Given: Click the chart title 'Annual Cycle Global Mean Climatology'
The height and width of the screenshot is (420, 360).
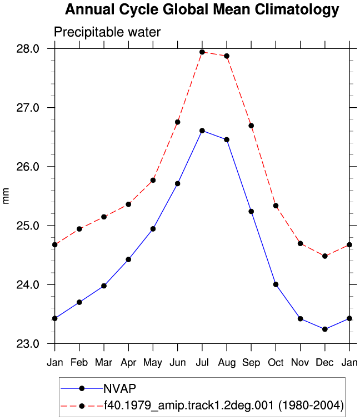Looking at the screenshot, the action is [202, 10].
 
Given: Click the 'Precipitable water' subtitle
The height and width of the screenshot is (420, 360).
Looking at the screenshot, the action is [107, 32].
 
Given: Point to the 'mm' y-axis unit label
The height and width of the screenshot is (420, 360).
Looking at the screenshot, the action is [6, 196].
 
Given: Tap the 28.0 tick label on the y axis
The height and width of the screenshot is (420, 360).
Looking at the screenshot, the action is [28, 49].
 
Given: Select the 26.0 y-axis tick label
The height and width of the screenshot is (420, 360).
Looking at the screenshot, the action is [28, 167].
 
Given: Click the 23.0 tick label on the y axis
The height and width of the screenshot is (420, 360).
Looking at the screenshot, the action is [28, 344].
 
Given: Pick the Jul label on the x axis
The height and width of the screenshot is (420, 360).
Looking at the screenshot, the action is [202, 362].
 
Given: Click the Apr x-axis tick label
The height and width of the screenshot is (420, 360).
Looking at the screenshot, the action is [128, 363].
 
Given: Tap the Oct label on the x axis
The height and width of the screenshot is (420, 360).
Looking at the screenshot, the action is [276, 362].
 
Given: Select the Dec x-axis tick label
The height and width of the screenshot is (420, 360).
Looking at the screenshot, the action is [325, 362].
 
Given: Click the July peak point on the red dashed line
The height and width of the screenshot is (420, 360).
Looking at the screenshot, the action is [202, 52].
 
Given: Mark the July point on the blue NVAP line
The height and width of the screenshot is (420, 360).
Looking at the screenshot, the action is [202, 131].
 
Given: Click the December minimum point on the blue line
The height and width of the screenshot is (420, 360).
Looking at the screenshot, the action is [325, 329].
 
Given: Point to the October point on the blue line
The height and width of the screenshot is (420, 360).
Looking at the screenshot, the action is [276, 284].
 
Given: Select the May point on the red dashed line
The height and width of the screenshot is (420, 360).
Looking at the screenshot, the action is [153, 180].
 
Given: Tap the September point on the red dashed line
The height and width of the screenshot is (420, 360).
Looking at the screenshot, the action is [251, 126].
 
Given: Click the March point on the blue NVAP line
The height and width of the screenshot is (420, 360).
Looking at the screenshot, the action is [104, 286].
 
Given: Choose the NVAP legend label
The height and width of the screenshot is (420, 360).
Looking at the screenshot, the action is [120, 388].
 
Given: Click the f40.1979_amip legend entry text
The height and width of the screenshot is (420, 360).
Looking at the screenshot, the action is [224, 405].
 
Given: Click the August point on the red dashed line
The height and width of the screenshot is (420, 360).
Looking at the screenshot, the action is [227, 56].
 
